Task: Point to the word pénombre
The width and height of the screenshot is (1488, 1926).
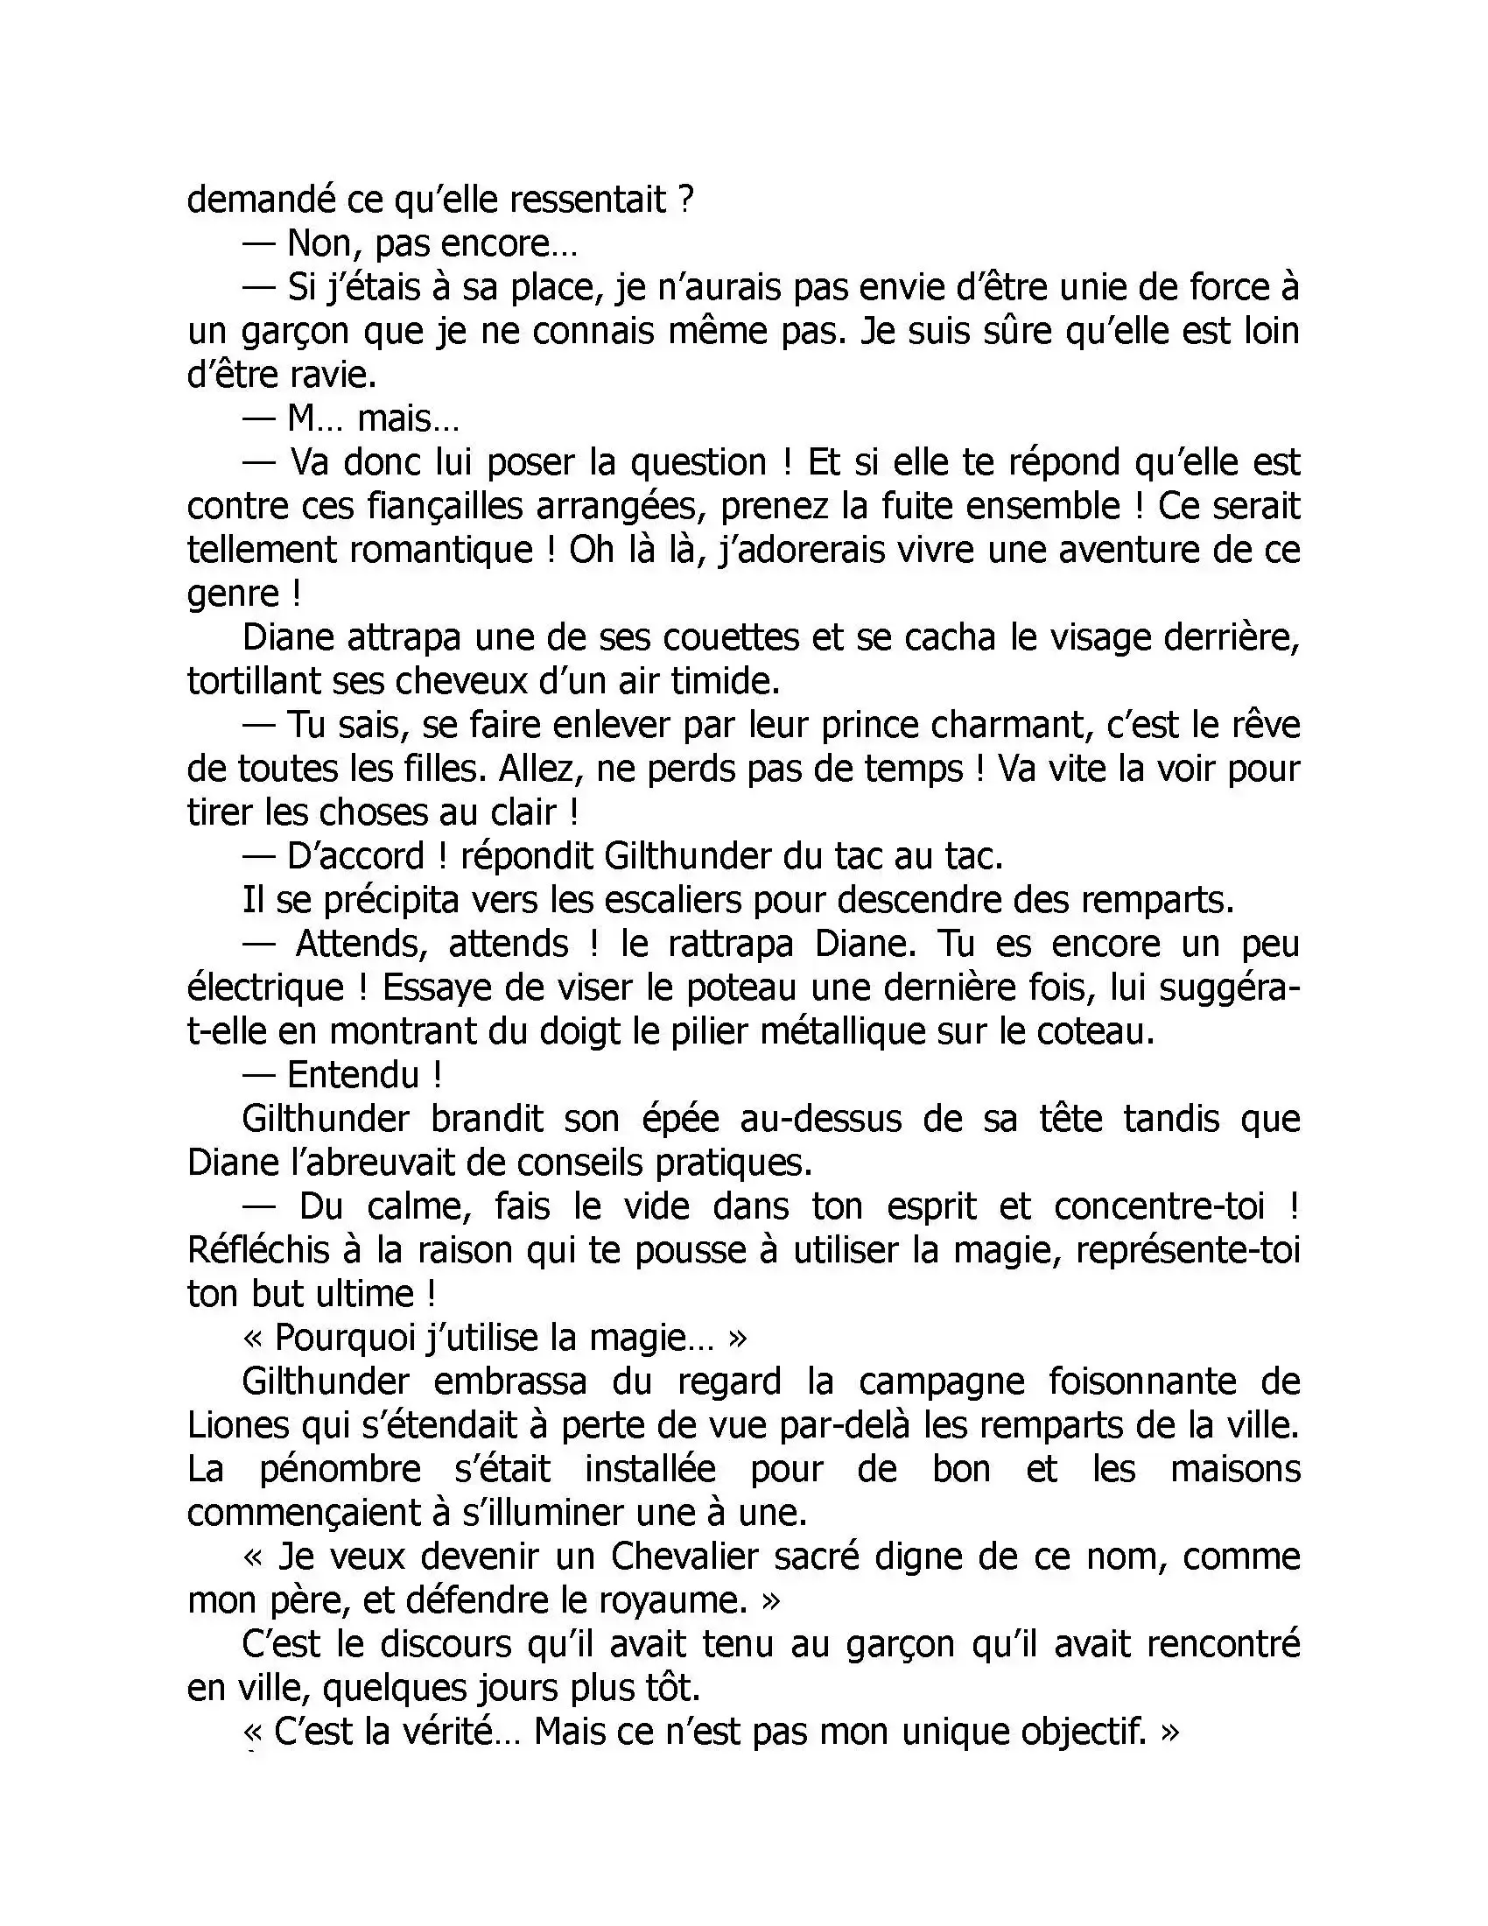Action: (340, 1469)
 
